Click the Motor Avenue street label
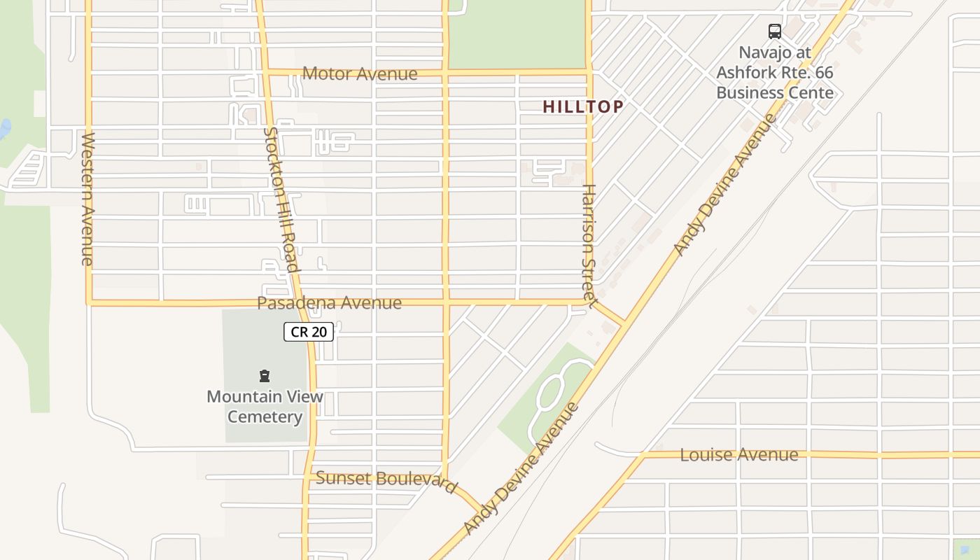[360, 73]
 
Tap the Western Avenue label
[87, 199]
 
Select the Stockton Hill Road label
[281, 199]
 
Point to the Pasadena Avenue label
[329, 303]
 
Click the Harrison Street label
[588, 245]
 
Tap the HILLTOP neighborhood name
[583, 106]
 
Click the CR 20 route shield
[308, 332]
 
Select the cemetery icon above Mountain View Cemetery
[265, 377]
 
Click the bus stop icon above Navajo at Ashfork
[774, 31]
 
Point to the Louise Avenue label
[738, 455]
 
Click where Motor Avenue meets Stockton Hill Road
[267, 71]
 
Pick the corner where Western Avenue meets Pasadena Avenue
[89, 303]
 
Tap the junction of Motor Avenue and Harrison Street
[588, 71]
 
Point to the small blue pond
[4, 129]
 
